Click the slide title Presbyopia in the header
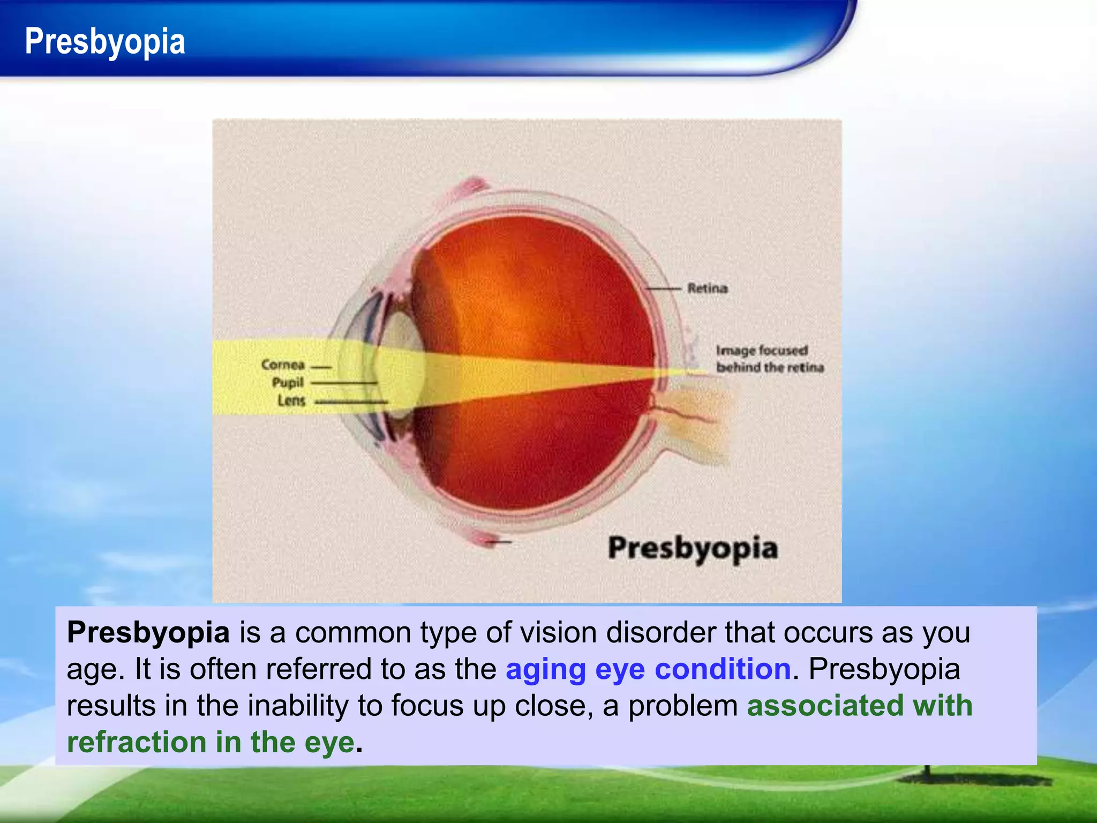pos(105,42)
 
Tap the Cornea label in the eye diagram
pos(283,365)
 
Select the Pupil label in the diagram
pos(288,383)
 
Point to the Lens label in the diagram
pos(291,400)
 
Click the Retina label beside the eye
pos(708,288)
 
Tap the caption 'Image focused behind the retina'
pos(769,358)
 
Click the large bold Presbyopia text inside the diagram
pos(693,549)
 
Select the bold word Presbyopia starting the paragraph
pos(148,632)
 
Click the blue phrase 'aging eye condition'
pos(648,669)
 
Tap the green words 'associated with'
pos(859,705)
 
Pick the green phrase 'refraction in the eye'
pos(211,742)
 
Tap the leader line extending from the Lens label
pos(351,401)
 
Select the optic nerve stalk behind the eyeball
pos(696,423)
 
